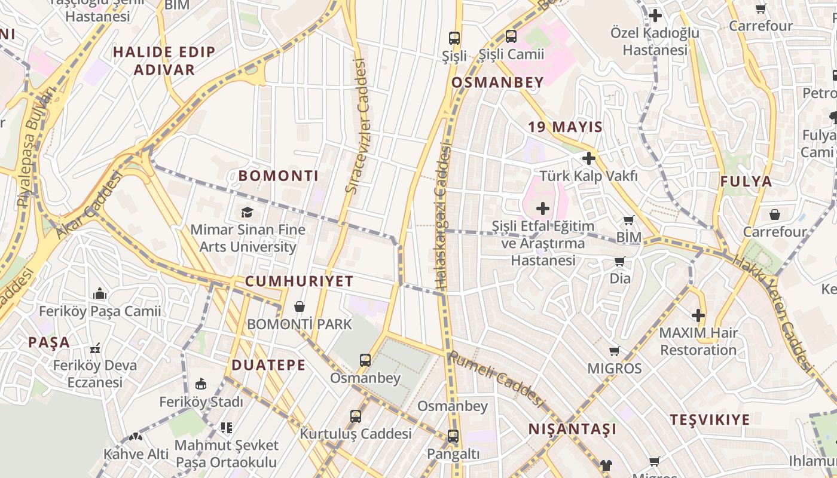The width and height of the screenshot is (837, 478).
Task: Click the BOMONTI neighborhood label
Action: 278,176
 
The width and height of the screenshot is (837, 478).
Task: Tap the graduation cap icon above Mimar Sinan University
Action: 247,212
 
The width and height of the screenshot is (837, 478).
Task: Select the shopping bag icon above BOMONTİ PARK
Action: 300,307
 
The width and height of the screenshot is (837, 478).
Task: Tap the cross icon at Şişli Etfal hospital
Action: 543,209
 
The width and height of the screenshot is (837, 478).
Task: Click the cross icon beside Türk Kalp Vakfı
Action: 589,158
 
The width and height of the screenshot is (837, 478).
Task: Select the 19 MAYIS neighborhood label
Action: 565,127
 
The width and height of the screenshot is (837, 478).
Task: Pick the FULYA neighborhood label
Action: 746,182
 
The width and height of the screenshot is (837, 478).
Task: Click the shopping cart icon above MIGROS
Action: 614,351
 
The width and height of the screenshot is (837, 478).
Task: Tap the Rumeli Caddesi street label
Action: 496,378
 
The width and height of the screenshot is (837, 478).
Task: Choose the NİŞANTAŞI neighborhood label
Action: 572,429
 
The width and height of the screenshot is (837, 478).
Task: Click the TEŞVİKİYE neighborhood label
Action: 710,419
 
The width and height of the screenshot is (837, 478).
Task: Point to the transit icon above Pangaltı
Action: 453,436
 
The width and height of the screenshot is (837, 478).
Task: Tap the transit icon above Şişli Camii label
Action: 511,36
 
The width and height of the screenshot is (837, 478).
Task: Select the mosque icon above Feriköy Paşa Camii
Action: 100,293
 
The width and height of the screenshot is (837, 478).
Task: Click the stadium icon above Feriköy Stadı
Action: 201,384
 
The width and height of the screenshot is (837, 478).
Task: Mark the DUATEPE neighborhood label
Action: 268,365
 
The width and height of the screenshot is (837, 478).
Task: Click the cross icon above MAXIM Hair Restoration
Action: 698,315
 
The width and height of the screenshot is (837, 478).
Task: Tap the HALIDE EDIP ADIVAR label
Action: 164,60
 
